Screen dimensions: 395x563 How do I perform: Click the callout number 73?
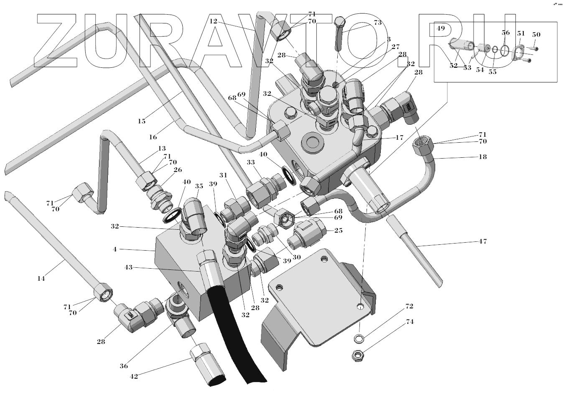[x=377, y=23]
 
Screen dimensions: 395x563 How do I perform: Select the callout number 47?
[x=483, y=241]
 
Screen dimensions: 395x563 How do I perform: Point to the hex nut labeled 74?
[x=358, y=354]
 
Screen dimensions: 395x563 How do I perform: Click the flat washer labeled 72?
[x=359, y=338]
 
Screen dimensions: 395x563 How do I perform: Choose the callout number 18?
[x=483, y=157]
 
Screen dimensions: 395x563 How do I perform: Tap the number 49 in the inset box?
[x=441, y=28]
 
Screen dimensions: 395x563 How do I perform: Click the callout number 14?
[x=41, y=278]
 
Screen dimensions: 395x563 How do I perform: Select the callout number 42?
[x=134, y=376]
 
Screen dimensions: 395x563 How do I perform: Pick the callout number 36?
[x=124, y=366]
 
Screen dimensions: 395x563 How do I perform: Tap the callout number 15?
[x=142, y=121]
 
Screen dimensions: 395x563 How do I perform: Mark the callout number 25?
[x=339, y=231]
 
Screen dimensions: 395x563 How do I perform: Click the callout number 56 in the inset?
[x=505, y=33]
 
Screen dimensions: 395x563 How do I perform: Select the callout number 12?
[x=213, y=21]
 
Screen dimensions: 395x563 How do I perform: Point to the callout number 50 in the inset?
[x=536, y=34]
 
